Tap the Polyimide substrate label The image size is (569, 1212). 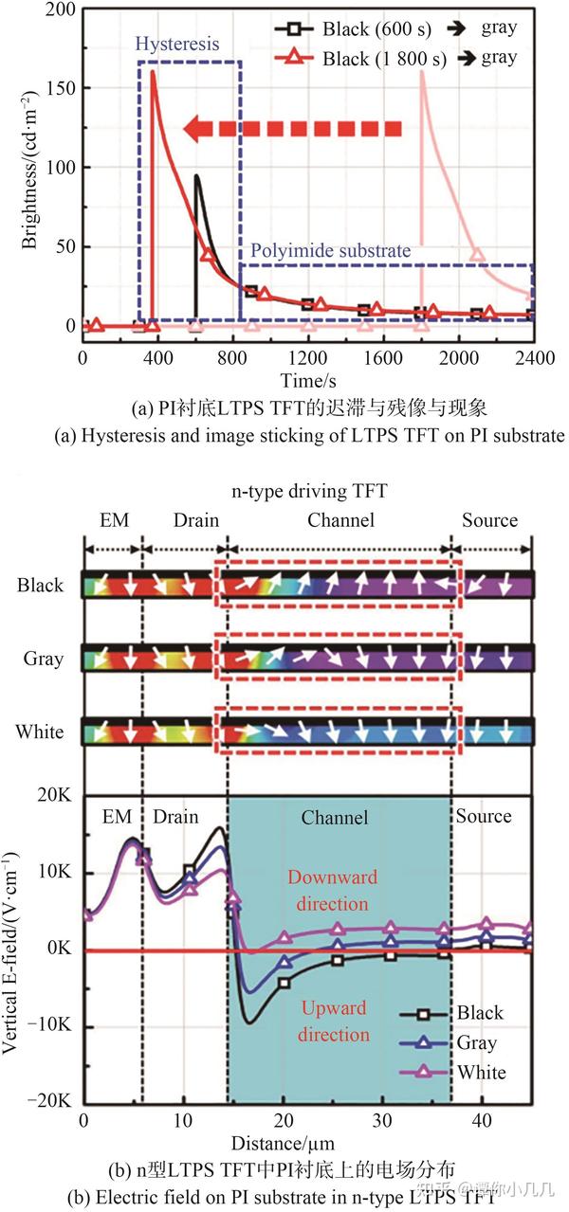point(330,251)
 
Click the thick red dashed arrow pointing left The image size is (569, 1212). point(294,128)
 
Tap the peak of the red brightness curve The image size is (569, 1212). point(153,72)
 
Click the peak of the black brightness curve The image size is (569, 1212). point(197,175)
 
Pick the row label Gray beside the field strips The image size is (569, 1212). point(41,659)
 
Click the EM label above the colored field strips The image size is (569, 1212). point(113,520)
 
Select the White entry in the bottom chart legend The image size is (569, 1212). point(481,1073)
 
